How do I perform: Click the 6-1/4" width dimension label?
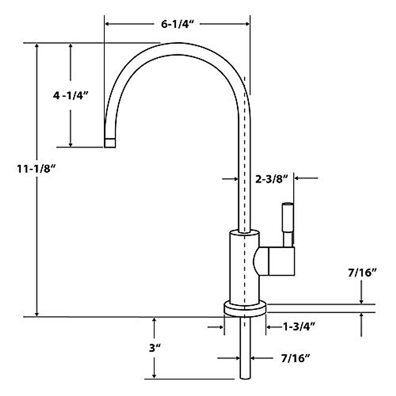(177, 25)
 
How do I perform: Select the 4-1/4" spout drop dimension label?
(71, 96)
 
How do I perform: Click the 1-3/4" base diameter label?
(299, 327)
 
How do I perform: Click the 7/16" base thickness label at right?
(362, 273)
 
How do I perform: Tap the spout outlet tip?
(110, 143)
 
